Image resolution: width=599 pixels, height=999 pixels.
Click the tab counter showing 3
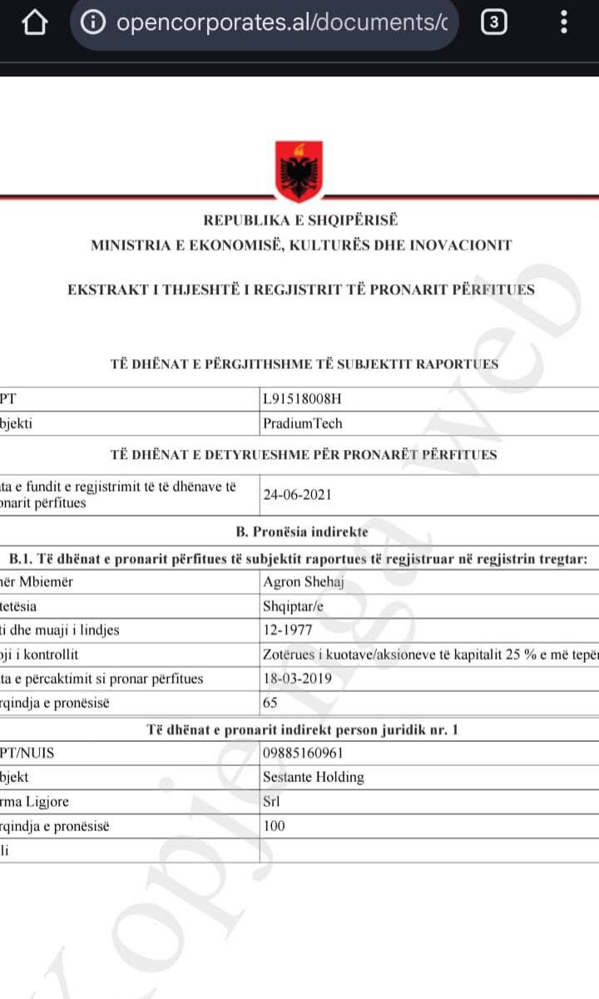point(494,23)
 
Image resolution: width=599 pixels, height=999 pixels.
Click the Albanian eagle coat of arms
point(299,171)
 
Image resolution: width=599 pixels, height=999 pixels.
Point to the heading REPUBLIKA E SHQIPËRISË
point(300,220)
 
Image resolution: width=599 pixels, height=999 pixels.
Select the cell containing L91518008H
point(302,398)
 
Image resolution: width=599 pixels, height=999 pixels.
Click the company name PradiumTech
point(302,423)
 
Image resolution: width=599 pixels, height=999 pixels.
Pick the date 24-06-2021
point(297,495)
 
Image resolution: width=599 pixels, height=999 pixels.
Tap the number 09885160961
point(303,754)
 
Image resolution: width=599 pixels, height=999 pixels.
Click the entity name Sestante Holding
point(313,778)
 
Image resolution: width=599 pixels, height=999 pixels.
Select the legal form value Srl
point(271,802)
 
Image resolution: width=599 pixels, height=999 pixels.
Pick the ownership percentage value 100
point(274,826)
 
